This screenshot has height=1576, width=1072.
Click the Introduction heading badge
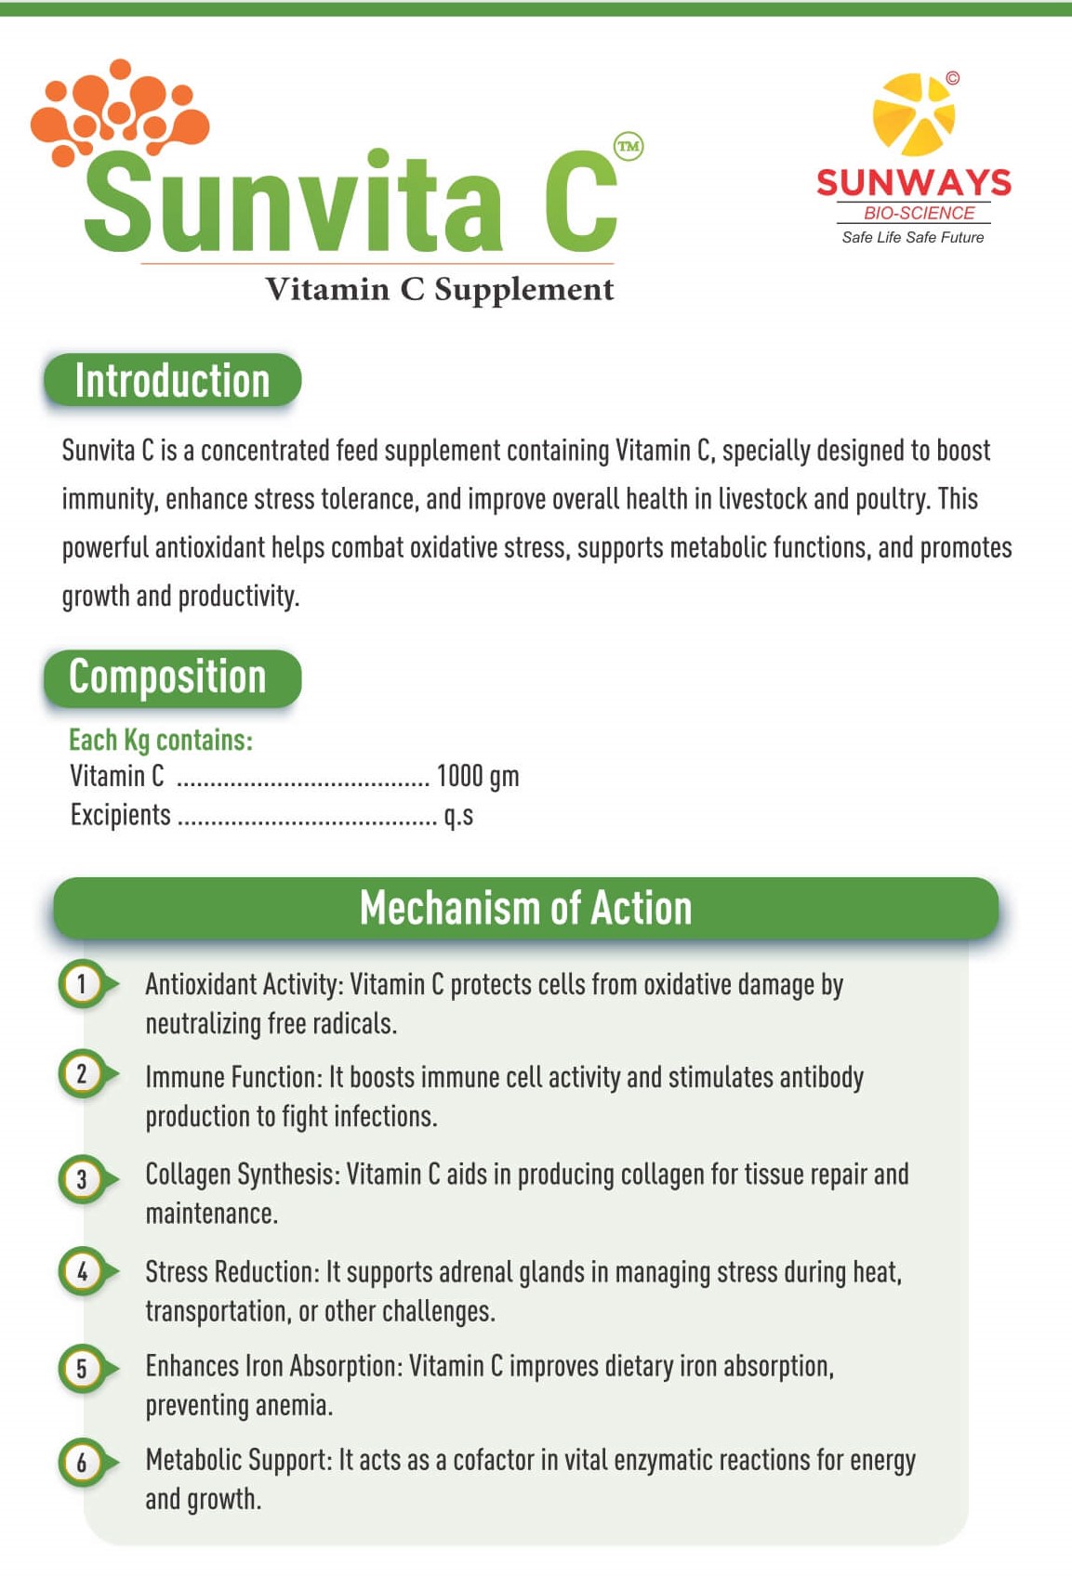tap(172, 380)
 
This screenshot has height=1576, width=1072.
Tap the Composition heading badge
tap(172, 677)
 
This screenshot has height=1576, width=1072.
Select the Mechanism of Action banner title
tap(525, 908)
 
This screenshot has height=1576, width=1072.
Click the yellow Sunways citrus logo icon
tap(913, 114)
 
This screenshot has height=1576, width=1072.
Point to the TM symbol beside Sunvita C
tap(629, 146)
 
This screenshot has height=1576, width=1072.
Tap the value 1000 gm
tap(477, 776)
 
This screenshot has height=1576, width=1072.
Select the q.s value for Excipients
tap(458, 816)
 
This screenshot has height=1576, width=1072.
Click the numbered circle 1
tap(82, 983)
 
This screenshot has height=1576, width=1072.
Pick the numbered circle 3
tap(82, 1179)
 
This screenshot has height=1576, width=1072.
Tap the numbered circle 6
tap(82, 1462)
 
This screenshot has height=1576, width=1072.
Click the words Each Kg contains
tap(161, 740)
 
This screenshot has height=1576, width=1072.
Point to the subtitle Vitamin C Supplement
tap(439, 289)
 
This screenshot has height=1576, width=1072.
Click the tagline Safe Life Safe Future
tap(912, 238)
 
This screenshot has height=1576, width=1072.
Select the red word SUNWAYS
tap(913, 182)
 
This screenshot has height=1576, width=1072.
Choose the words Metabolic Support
tap(237, 1460)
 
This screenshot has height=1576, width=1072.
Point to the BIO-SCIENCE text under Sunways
tap(919, 213)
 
